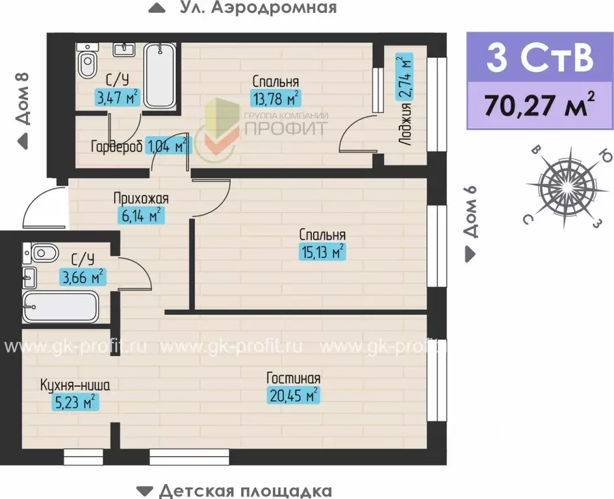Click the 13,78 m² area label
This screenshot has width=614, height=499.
(275, 98)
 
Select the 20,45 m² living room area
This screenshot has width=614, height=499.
(294, 394)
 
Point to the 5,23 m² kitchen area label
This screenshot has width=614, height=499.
(75, 402)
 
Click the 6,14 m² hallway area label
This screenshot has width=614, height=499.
(138, 215)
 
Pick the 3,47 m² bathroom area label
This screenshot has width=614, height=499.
(117, 98)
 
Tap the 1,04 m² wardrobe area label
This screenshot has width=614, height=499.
(168, 144)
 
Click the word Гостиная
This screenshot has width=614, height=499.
(294, 378)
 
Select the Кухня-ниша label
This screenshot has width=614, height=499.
(75, 385)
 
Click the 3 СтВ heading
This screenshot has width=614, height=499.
(539, 57)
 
